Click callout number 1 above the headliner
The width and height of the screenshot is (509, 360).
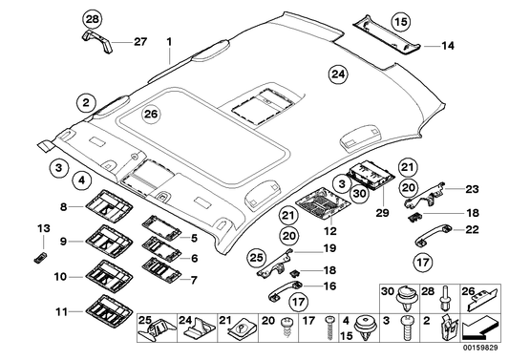point(169,43)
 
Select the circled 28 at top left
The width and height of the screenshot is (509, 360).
point(91,20)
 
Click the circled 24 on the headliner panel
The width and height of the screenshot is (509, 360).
point(336,74)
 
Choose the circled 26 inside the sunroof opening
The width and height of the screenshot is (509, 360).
point(149,115)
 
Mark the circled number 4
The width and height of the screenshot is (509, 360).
point(84,179)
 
